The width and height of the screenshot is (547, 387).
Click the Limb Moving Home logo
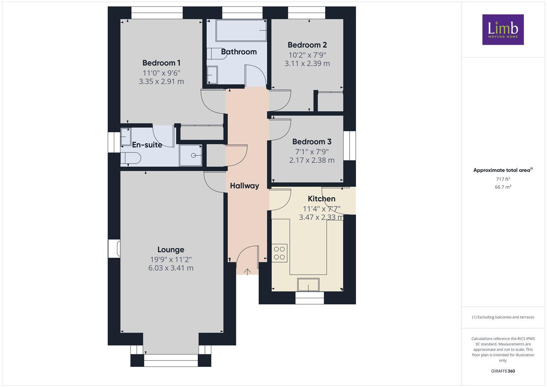click(503, 29)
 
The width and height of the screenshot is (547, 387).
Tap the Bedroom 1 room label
click(161, 63)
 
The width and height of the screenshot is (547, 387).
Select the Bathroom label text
click(239, 52)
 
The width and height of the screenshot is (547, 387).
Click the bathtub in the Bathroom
click(241, 30)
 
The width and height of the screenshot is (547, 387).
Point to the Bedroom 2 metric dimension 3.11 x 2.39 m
click(307, 63)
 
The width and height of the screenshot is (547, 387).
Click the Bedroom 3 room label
click(312, 142)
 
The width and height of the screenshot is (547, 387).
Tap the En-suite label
click(147, 145)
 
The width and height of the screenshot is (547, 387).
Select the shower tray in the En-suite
click(191, 156)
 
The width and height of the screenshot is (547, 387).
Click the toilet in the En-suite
click(130, 158)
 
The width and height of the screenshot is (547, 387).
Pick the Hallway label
click(244, 186)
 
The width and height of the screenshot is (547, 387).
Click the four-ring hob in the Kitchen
click(279, 253)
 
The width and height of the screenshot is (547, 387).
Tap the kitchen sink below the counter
click(308, 285)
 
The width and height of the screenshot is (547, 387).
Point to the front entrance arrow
click(247, 272)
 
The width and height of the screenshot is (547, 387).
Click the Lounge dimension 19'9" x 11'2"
click(171, 259)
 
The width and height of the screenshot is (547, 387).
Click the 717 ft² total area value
click(503, 179)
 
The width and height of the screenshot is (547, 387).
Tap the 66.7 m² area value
click(503, 187)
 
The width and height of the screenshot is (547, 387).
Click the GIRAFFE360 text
click(503, 371)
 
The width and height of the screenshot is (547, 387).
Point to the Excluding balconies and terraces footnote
click(503, 317)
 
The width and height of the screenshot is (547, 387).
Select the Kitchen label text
click(321, 199)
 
